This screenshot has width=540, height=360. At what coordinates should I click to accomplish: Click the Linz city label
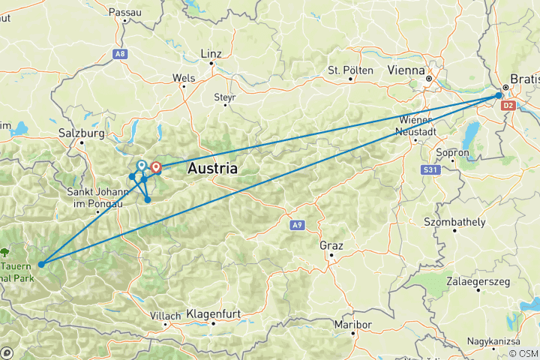(x=212, y=54)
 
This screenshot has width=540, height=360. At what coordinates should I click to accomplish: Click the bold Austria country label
(x=213, y=168)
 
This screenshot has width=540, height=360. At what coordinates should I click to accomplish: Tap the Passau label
(x=124, y=12)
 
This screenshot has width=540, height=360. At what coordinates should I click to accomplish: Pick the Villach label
(x=165, y=316)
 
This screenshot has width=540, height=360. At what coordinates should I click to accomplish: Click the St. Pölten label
(x=350, y=70)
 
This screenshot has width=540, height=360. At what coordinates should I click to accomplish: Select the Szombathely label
(x=457, y=223)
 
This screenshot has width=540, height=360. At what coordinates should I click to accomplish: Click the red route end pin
(x=156, y=167)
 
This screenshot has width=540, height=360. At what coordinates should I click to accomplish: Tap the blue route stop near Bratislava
(x=499, y=96)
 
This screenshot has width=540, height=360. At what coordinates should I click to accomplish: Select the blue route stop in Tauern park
(x=41, y=264)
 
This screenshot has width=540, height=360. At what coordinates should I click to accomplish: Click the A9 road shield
(x=298, y=223)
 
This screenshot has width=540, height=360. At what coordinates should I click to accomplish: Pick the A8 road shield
(x=121, y=53)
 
